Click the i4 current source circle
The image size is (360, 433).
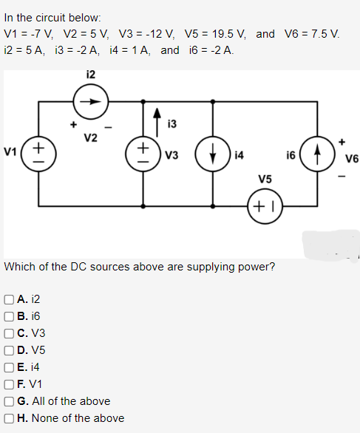[x=214, y=155]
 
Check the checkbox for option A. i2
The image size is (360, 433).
[x=7, y=299]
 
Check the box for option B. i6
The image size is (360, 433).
[x=7, y=316]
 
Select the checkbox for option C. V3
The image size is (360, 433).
[x=7, y=333]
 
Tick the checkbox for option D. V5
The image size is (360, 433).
[x=7, y=350]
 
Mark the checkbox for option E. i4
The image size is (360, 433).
[x=7, y=367]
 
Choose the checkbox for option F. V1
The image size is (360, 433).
[x=7, y=384]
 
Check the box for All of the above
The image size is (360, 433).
[x=7, y=401]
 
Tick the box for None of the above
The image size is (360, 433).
[x=7, y=418]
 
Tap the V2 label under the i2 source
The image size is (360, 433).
[x=91, y=138]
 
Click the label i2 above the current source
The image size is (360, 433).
[x=91, y=73]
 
